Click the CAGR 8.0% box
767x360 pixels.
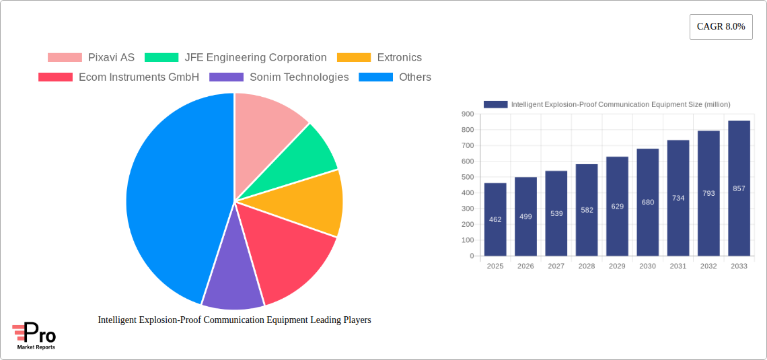click(721, 27)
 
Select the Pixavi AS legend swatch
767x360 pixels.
click(65, 58)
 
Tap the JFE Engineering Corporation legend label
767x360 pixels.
click(256, 58)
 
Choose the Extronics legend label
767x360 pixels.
click(399, 58)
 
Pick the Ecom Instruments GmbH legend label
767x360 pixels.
click(139, 77)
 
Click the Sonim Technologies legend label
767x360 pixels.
click(299, 77)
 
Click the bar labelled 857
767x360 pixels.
click(739, 188)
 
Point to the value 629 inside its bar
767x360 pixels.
click(617, 207)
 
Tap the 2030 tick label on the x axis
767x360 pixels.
click(647, 266)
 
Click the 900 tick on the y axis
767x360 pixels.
click(467, 114)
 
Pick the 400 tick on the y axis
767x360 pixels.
click(467, 193)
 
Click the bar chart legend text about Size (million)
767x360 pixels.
click(620, 104)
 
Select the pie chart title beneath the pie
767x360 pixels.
click(234, 320)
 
